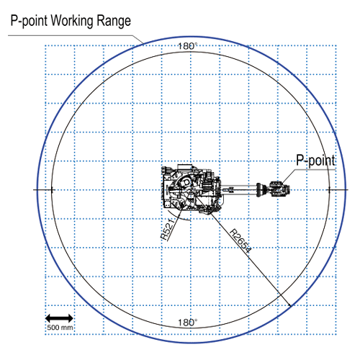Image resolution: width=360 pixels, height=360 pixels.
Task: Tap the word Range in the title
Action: coord(112,21)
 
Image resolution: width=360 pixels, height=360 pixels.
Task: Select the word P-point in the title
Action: coord(29,21)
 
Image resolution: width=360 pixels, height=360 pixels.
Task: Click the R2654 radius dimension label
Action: coord(240,241)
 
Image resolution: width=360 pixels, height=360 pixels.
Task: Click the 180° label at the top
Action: coord(187,46)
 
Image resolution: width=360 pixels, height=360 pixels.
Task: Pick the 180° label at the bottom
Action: coord(187,323)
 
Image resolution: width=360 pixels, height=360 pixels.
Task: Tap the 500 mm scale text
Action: coord(60,328)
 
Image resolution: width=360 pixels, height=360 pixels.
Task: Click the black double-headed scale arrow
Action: coord(59,318)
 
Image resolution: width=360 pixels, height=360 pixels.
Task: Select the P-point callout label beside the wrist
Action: coord(315,160)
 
